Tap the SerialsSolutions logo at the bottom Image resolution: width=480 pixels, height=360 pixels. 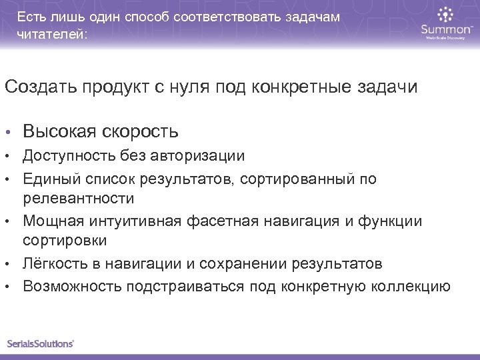41,343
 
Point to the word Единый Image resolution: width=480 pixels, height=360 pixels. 47,178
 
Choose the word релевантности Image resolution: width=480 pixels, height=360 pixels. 78,199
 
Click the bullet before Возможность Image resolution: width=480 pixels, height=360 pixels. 9,287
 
